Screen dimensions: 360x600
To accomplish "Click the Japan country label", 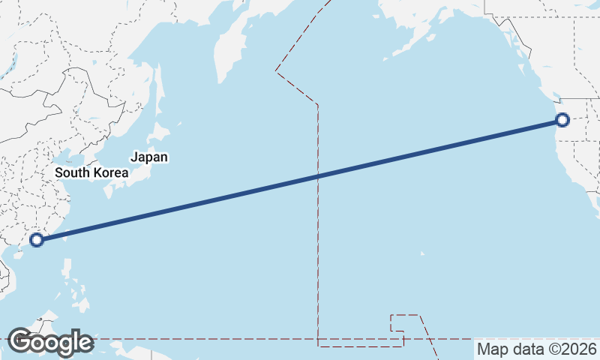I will click(149, 157).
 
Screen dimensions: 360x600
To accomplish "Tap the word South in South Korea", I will click(73, 172).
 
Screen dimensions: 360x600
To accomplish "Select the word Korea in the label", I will click(111, 172).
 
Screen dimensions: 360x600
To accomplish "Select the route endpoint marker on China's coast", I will click(37, 240).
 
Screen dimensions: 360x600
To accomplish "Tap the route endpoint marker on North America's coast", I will click(562, 119).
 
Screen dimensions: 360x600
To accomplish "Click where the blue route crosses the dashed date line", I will click(318, 177).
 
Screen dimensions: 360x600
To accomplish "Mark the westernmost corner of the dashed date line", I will click(276, 70).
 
